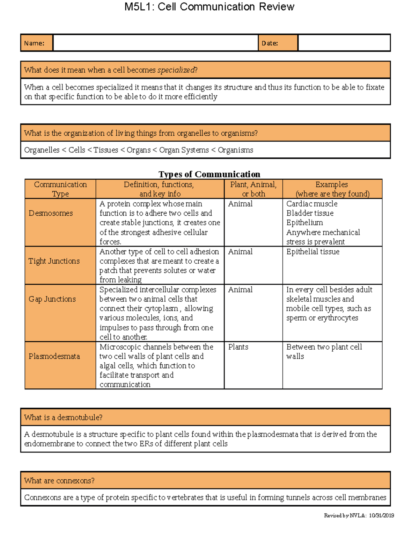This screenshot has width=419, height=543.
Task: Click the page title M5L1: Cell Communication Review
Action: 209,7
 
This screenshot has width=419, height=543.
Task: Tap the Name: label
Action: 34,43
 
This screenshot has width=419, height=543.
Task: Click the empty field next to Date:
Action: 344,43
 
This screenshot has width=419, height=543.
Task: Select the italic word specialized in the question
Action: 176,70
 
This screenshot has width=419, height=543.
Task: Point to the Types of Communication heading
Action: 209,174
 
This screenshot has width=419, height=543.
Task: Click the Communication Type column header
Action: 60,189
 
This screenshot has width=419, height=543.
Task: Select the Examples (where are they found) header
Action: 332,189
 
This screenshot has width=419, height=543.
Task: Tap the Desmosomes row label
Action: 51,213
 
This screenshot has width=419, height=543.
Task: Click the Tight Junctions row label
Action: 54,261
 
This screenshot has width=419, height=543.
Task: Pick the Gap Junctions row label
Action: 52,299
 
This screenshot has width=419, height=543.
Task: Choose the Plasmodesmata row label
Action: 54,356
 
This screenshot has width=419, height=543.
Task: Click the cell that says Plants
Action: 238,347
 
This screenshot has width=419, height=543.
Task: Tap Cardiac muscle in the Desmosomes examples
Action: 312,204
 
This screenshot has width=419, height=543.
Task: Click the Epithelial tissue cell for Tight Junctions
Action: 313,252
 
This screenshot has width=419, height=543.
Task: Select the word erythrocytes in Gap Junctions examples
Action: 338,318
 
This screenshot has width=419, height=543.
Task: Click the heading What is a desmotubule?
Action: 63,417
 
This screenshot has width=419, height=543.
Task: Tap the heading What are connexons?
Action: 59,481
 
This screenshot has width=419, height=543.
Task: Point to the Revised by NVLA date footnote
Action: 359,516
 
